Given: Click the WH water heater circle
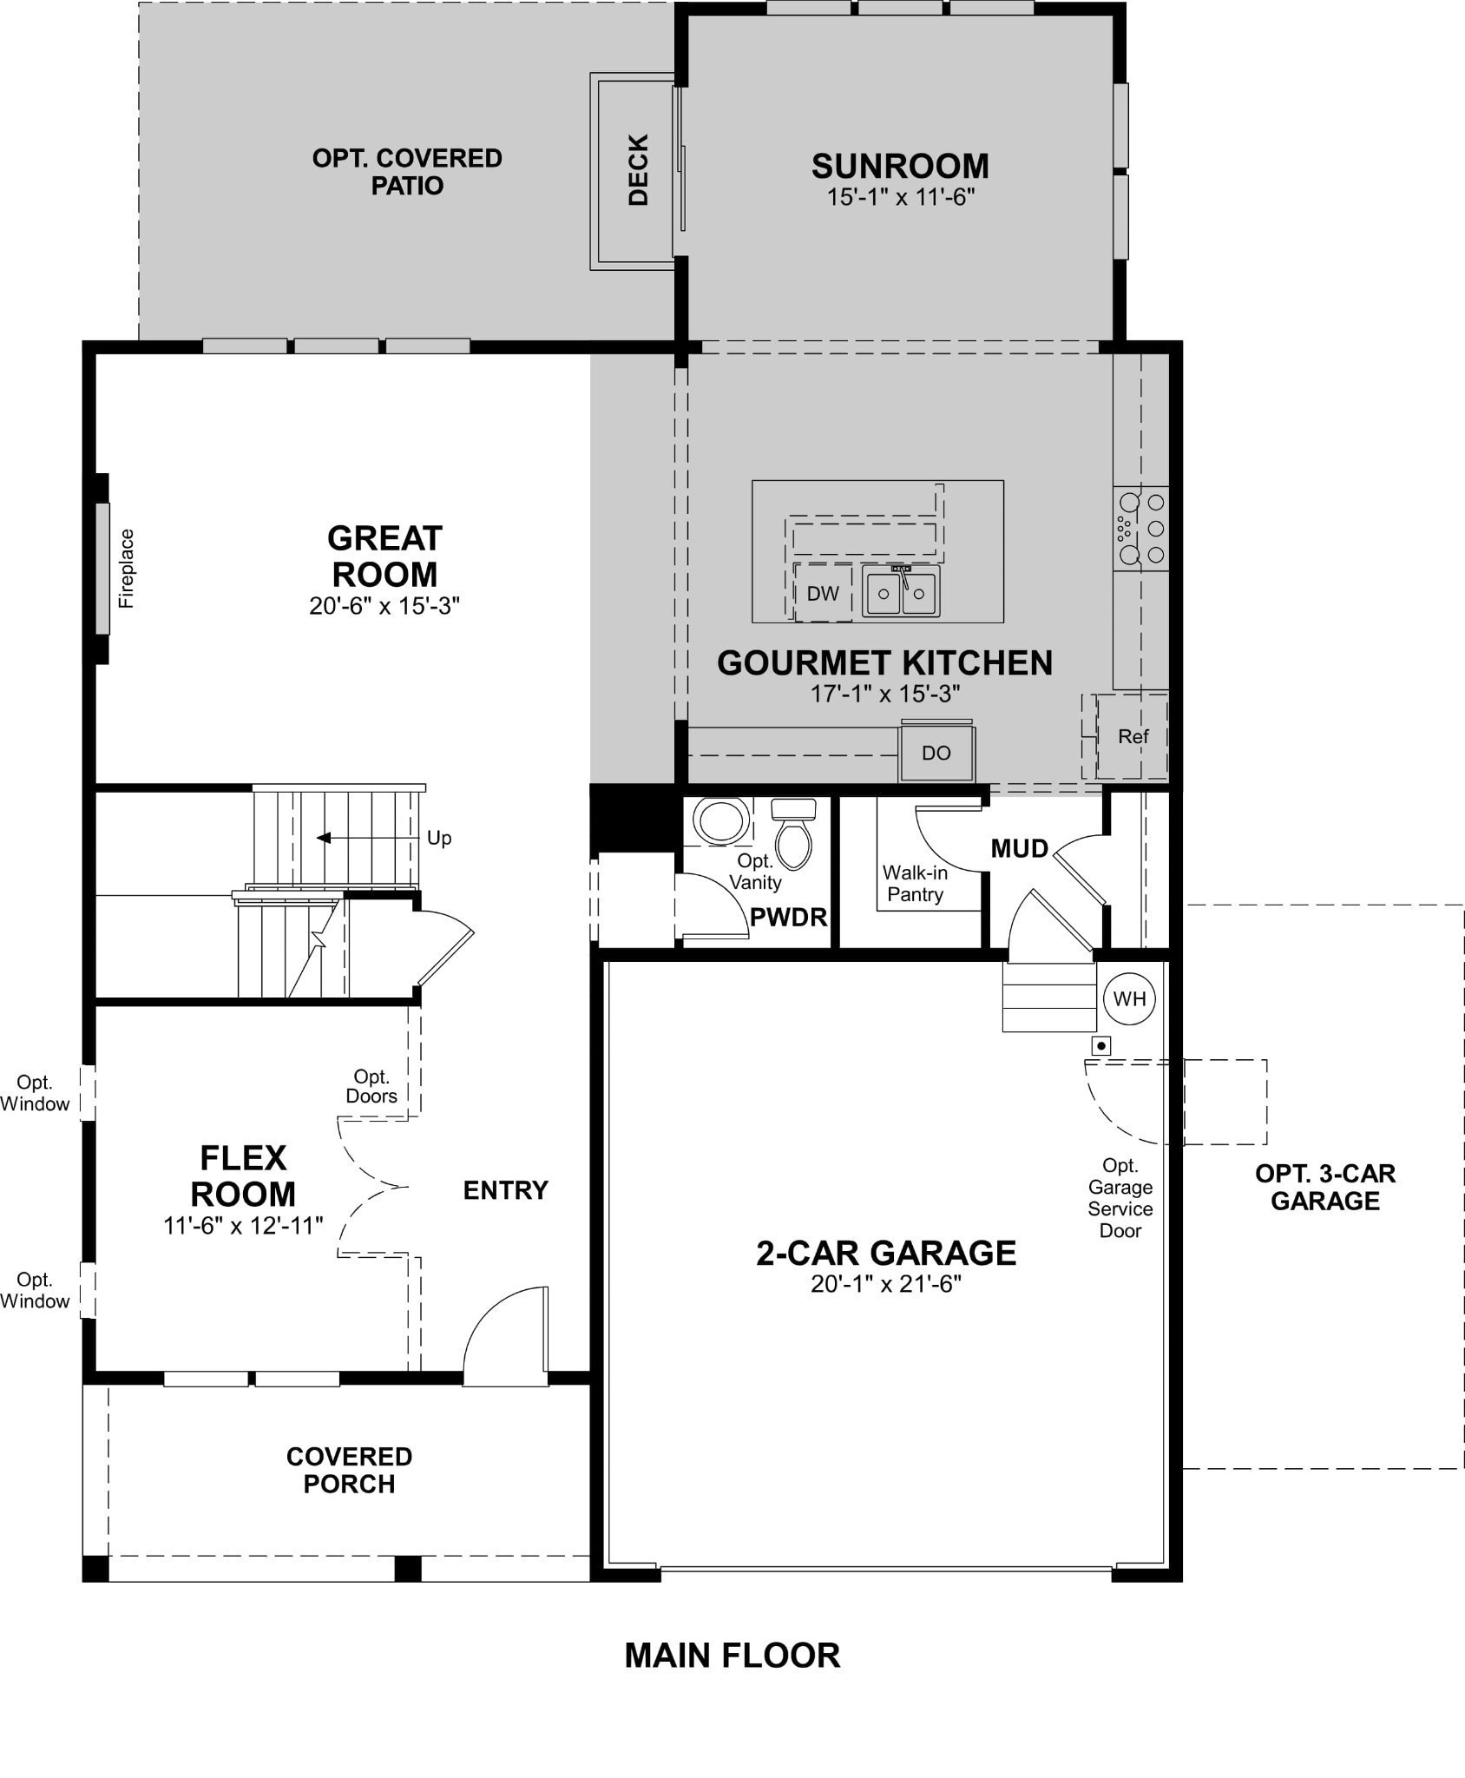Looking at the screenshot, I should pyautogui.click(x=1129, y=998).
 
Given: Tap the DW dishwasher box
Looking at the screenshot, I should pyautogui.click(x=823, y=593).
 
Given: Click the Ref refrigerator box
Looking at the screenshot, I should pyautogui.click(x=1133, y=736).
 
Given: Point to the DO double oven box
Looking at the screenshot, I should pyautogui.click(x=936, y=753).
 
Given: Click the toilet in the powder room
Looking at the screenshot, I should pyautogui.click(x=793, y=836).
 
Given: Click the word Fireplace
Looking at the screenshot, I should pyautogui.click(x=128, y=568).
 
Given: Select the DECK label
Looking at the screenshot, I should pyautogui.click(x=639, y=169).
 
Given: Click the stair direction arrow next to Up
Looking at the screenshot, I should pyautogui.click(x=325, y=838).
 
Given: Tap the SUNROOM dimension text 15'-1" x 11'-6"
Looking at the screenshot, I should pyautogui.click(x=900, y=198).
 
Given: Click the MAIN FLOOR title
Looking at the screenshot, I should pyautogui.click(x=732, y=1656).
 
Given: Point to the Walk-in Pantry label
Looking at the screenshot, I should pyautogui.click(x=915, y=884).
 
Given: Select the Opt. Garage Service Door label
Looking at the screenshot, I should pyautogui.click(x=1120, y=1198).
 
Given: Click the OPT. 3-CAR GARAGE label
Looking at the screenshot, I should pyautogui.click(x=1324, y=1187).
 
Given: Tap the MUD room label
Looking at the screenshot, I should pyautogui.click(x=1020, y=848).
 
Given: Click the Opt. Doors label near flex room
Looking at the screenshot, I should pyautogui.click(x=371, y=1086).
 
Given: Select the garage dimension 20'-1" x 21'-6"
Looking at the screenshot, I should pyautogui.click(x=886, y=1284).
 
